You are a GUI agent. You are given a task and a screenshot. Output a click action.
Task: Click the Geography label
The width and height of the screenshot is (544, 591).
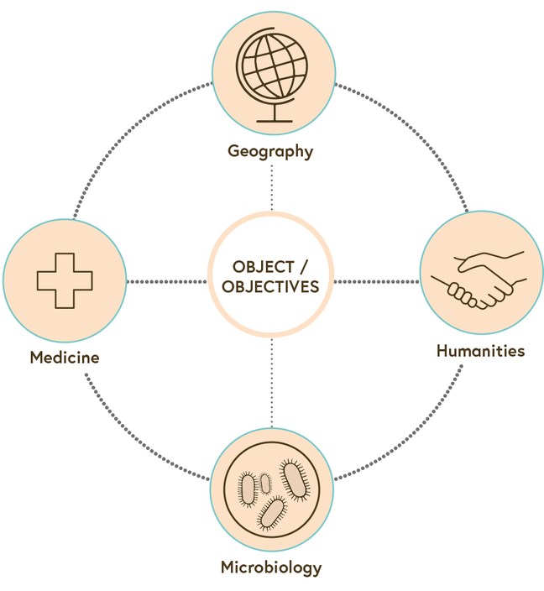[270, 152]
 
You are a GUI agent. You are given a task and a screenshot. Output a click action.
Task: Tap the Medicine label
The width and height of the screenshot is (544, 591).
[65, 358]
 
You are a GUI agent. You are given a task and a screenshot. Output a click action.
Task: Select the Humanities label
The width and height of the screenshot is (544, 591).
[480, 351]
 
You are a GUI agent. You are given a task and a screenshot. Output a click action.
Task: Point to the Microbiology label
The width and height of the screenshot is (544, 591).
[270, 567]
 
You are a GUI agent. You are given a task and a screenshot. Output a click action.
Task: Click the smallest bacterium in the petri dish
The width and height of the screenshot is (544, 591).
[265, 483]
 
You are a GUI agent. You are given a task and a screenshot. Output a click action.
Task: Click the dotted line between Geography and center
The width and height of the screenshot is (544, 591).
[272, 186]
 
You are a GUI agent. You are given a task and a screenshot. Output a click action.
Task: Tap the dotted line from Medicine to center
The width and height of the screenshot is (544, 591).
[168, 281]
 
